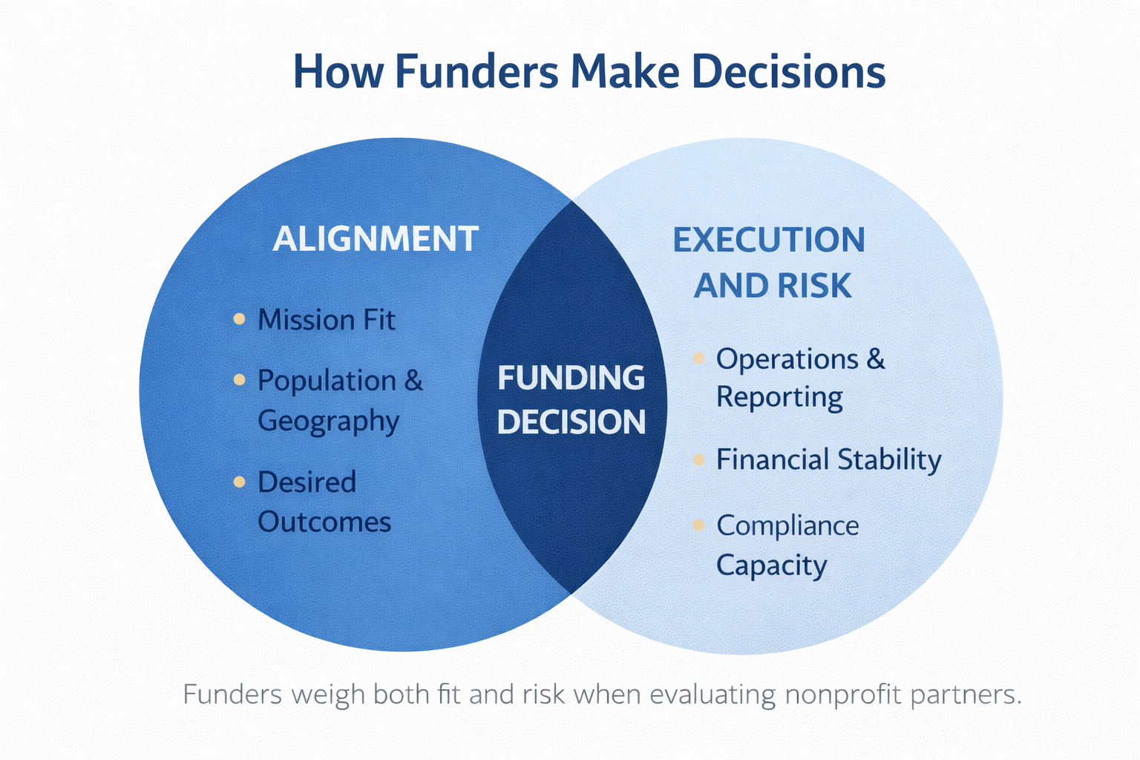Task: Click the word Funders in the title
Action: tap(476, 72)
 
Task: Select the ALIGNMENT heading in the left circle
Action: tap(376, 239)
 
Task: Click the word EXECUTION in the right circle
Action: tap(769, 240)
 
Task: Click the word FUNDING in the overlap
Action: tap(571, 378)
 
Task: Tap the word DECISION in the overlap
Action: tap(571, 422)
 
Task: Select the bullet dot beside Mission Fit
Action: tap(239, 319)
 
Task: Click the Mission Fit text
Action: tap(326, 320)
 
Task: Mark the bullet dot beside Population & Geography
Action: tap(239, 380)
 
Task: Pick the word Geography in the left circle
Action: tap(328, 421)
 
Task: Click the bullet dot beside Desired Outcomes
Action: tap(239, 482)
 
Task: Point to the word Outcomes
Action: tap(324, 522)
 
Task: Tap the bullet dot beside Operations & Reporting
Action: tap(698, 358)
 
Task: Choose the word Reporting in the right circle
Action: tap(779, 397)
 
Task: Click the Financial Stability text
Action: tap(828, 459)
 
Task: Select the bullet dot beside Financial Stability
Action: tap(698, 460)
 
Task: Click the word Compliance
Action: tap(787, 525)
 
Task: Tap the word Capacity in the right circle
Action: tap(771, 566)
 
